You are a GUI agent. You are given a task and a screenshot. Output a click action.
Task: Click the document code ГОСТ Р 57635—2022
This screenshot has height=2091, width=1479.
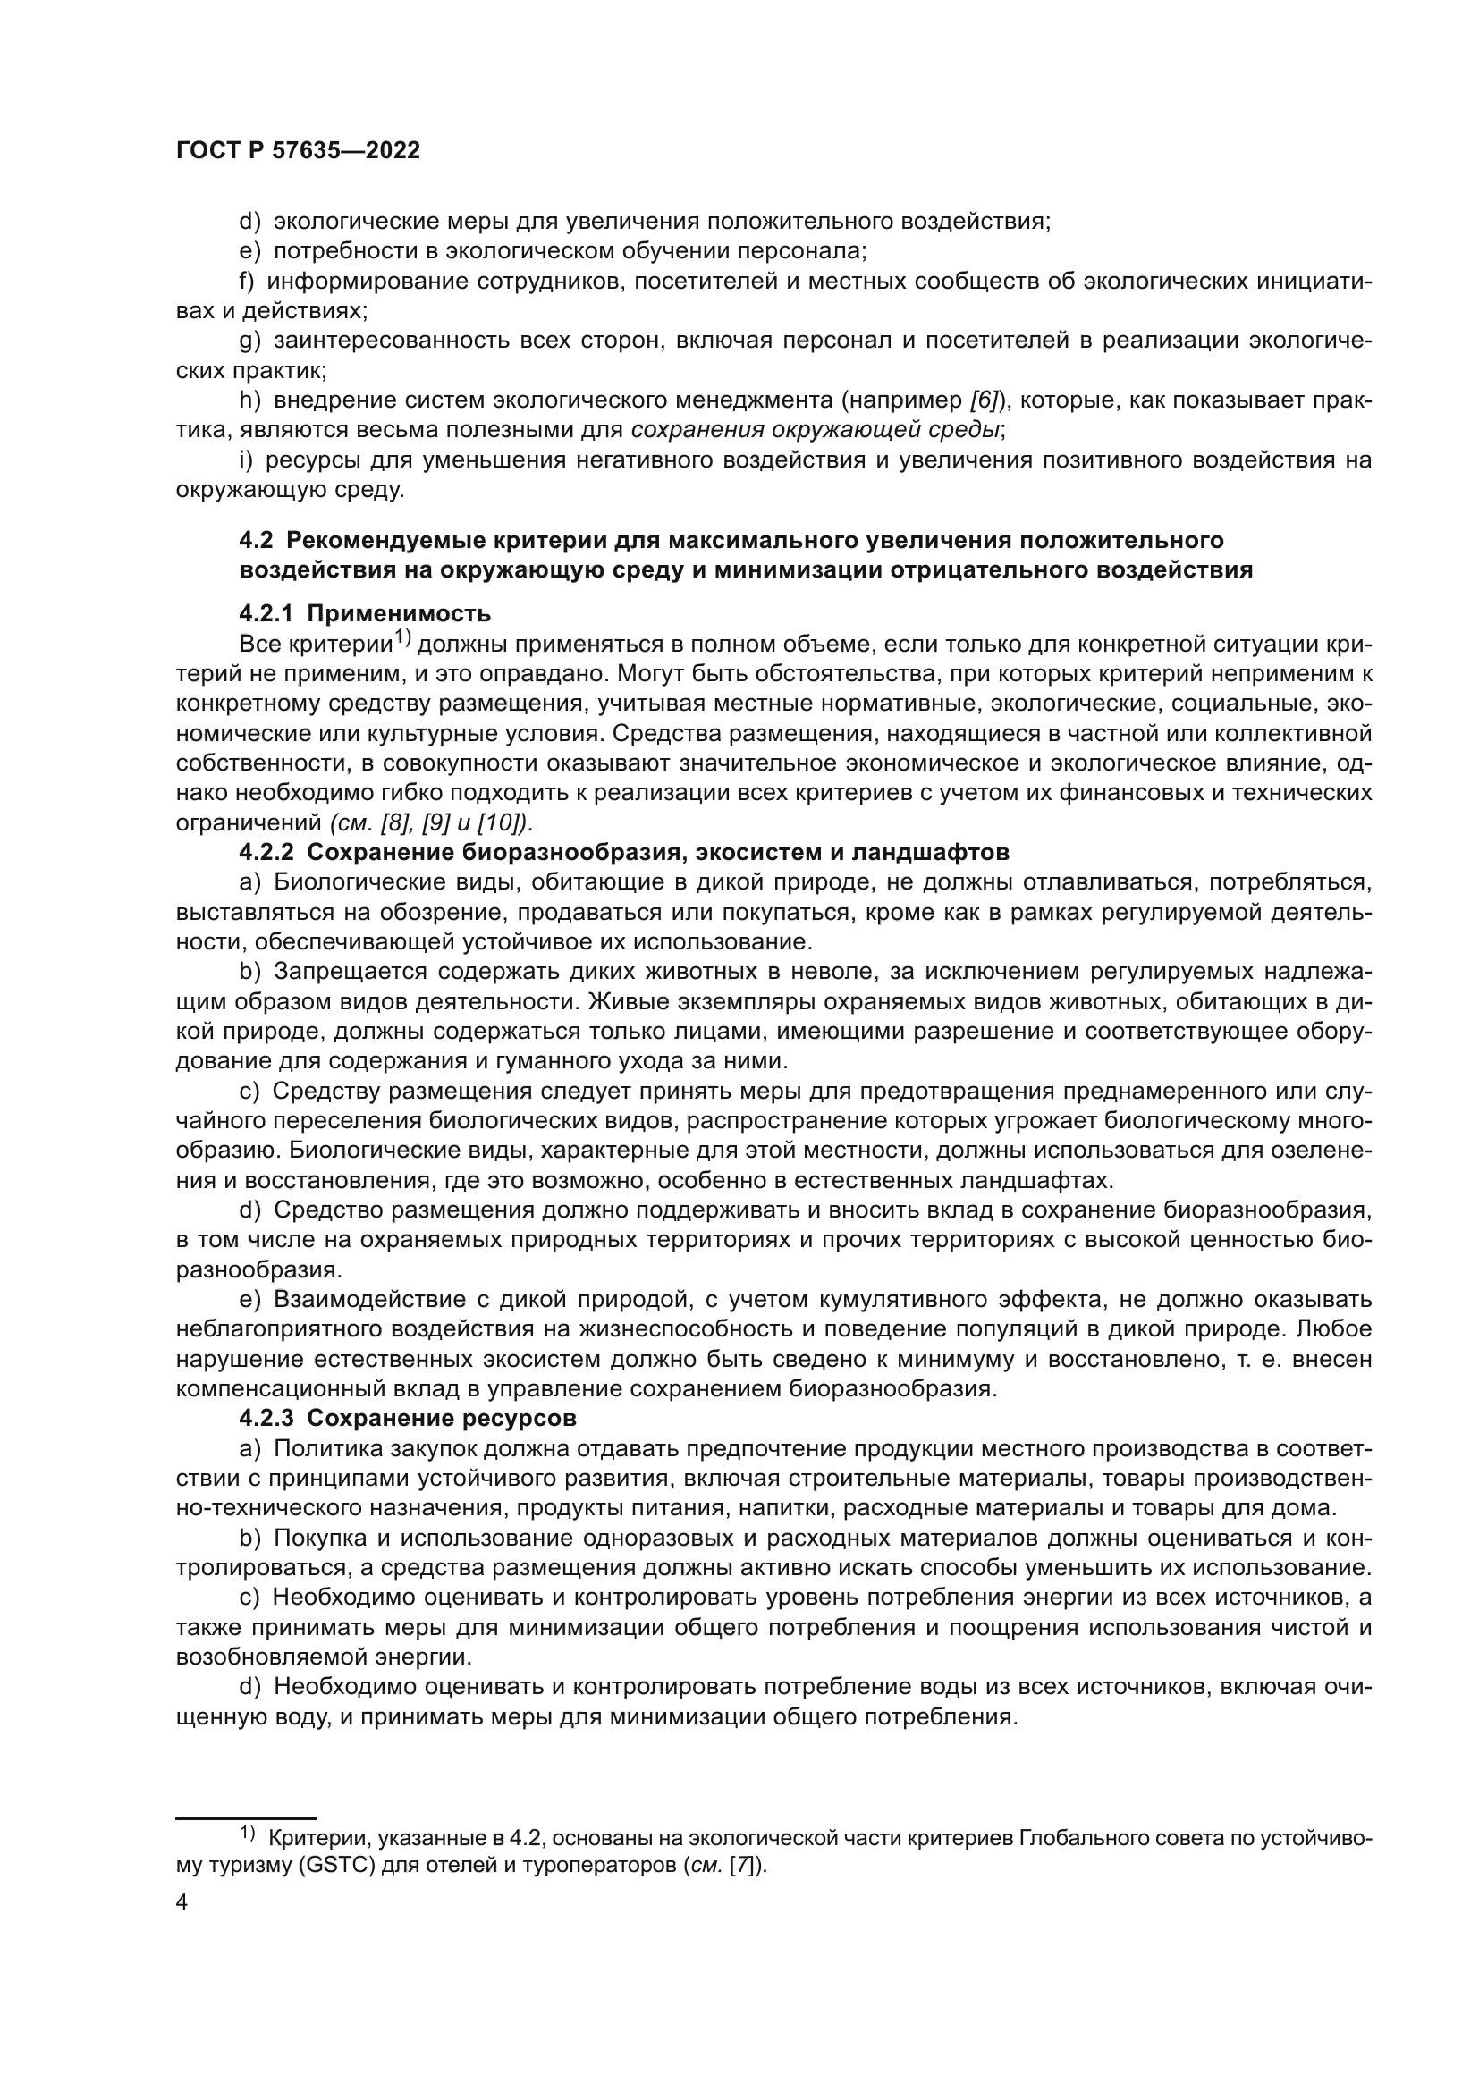coord(298,151)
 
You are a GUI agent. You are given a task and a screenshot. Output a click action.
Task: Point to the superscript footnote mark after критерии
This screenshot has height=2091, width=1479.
coord(401,639)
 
